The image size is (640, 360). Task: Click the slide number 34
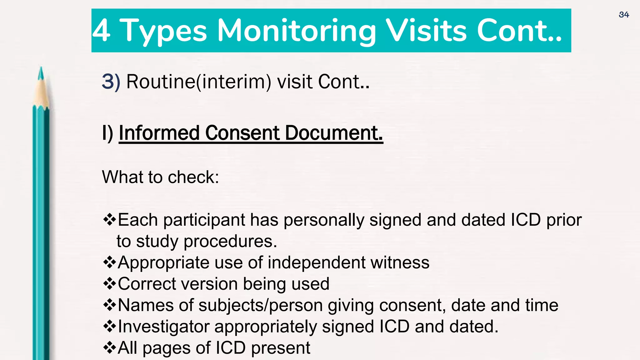pyautogui.click(x=624, y=15)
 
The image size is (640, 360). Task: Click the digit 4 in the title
pyautogui.click(x=102, y=31)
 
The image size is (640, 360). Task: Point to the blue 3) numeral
pyautogui.click(x=111, y=82)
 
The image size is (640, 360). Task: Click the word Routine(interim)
pyautogui.click(x=199, y=82)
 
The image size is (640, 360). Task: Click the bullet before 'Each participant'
pyautogui.click(x=110, y=220)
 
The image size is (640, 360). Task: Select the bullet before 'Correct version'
pyautogui.click(x=110, y=284)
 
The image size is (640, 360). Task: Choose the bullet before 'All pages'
pyautogui.click(x=110, y=348)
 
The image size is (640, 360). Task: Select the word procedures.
pyautogui.click(x=230, y=241)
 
